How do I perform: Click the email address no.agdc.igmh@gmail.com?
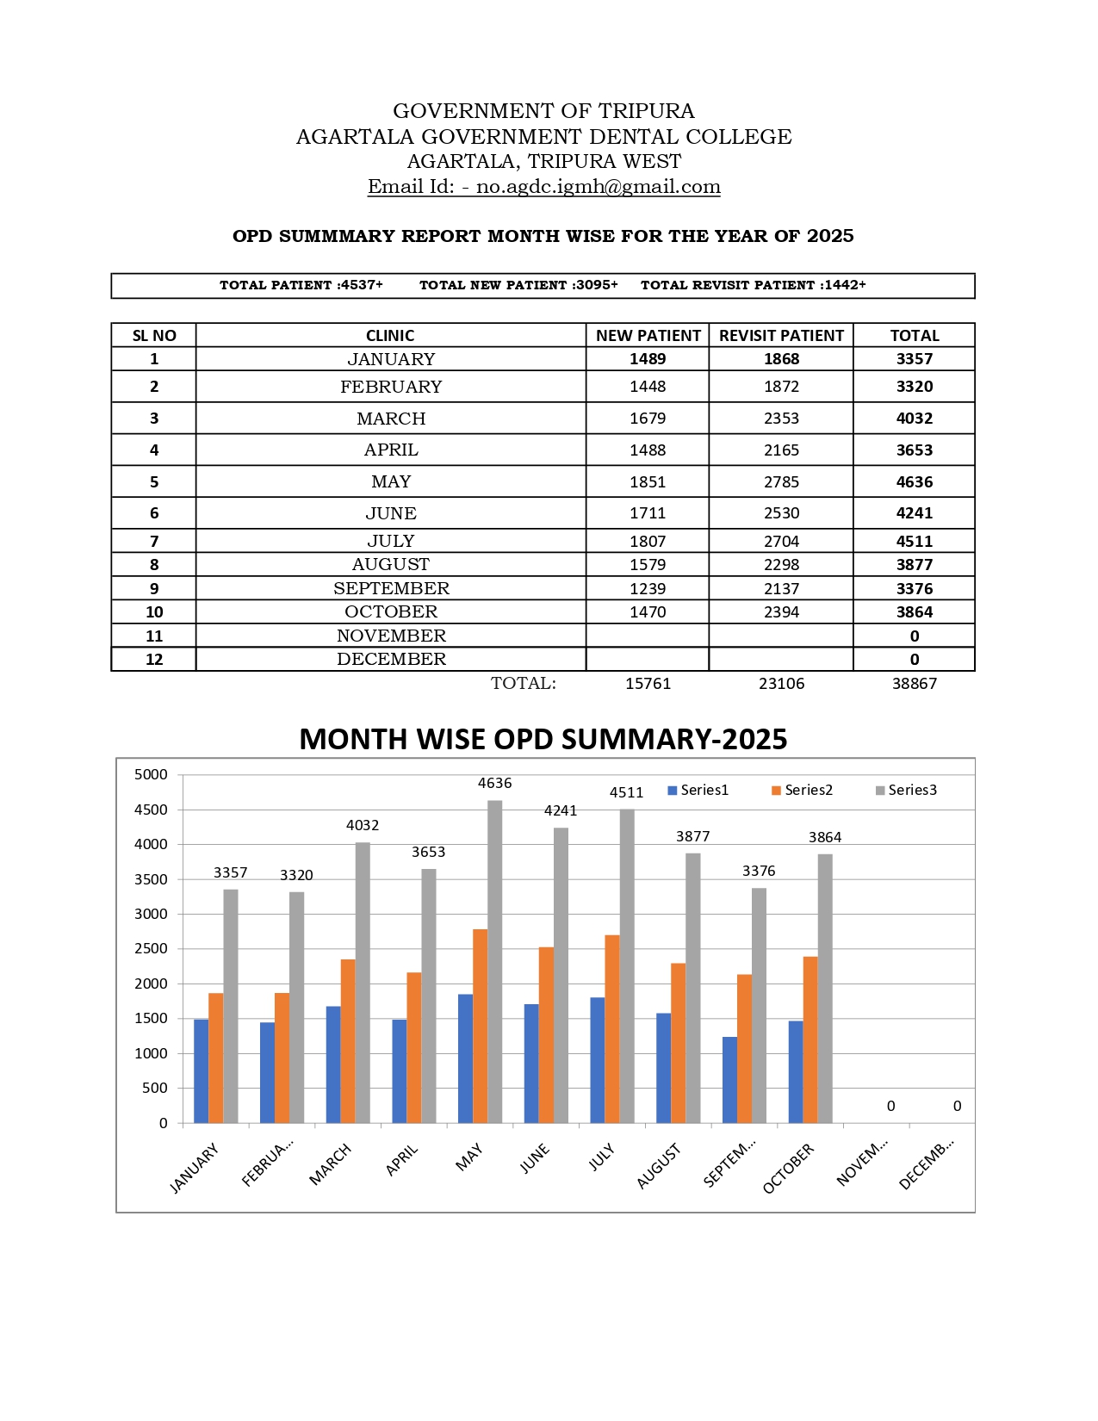click(x=598, y=187)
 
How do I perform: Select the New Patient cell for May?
click(x=648, y=481)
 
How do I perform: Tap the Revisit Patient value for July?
click(x=781, y=541)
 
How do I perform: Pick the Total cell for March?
click(x=914, y=419)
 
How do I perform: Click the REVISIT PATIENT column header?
click(x=781, y=336)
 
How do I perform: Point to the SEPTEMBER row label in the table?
click(x=391, y=588)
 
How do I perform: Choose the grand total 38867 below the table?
click(x=914, y=684)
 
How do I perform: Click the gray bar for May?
click(x=495, y=960)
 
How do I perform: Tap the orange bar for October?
click(x=810, y=1039)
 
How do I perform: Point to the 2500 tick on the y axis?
click(x=151, y=948)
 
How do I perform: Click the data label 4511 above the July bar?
click(x=626, y=793)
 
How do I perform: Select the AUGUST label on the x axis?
click(x=659, y=1166)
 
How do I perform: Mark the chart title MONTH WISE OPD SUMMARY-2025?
click(x=543, y=739)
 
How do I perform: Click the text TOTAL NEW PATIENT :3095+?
click(x=518, y=285)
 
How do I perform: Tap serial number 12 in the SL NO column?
click(x=154, y=660)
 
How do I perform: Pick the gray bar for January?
click(x=231, y=1006)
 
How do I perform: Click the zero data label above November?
click(x=890, y=1106)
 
